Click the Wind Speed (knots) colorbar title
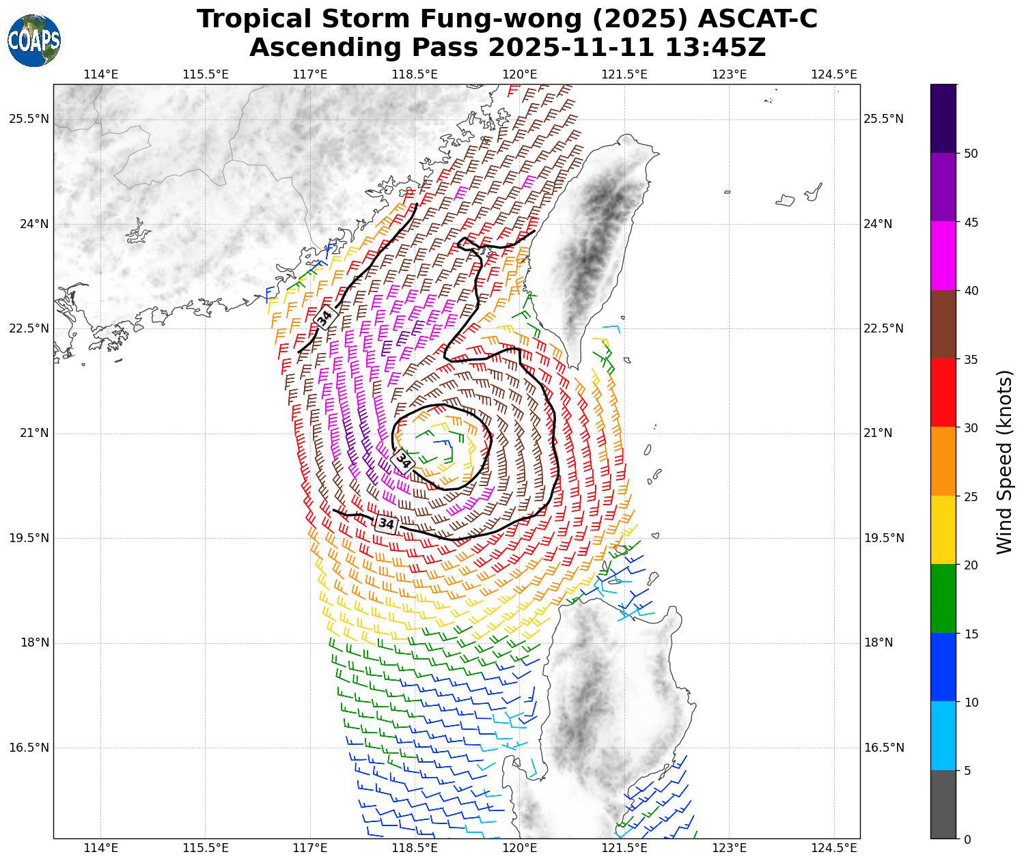1004,462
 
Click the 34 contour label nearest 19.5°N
386,524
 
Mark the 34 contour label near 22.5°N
325,317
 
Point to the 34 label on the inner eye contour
404,461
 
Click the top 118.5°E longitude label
415,74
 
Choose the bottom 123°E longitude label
729,848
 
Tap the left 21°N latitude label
29,433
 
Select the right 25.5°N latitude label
883,119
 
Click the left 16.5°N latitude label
29,747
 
